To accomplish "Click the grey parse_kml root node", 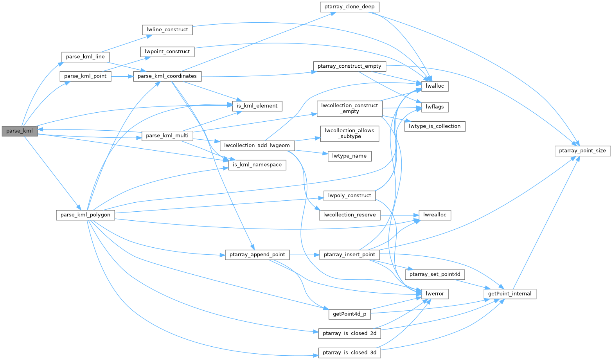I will point(20,131).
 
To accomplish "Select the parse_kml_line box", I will point(85,57).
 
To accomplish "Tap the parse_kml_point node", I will point(85,76).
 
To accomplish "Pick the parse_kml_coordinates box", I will point(167,76).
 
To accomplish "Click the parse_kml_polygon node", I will point(85,215).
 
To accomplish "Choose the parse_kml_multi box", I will point(167,136).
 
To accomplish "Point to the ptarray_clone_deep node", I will point(349,7).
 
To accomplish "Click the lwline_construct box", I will point(167,30).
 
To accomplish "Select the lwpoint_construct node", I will point(167,52).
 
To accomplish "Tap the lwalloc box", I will point(435,86).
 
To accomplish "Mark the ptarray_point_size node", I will point(582,151).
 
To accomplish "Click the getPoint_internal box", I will point(510,294).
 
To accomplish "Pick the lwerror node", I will point(435,294).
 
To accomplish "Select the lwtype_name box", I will point(349,156).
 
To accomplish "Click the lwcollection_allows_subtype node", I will point(349,133).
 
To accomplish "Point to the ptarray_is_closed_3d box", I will point(349,353).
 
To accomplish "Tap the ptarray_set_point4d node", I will point(435,274).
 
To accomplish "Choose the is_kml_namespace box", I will point(257,165).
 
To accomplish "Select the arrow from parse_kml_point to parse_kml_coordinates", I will point(122,76).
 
